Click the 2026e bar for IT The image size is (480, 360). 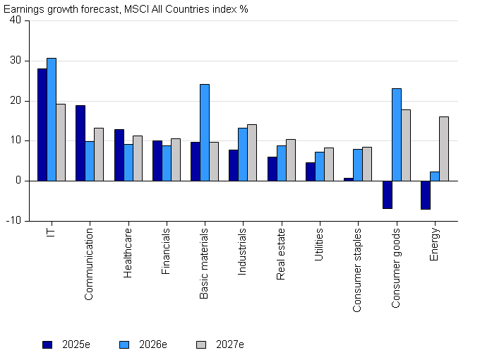(52, 119)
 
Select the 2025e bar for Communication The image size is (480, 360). (80, 143)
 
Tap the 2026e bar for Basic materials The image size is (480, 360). (205, 133)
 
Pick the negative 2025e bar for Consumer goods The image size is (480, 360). (387, 194)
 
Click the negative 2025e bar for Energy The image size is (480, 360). (425, 195)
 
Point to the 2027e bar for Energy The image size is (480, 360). (443, 149)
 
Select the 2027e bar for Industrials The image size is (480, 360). (252, 152)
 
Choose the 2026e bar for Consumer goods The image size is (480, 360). (396, 135)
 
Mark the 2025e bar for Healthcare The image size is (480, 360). (119, 155)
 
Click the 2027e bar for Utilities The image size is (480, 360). (329, 164)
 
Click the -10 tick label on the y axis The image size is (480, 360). (13, 220)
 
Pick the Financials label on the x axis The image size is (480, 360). (167, 250)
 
